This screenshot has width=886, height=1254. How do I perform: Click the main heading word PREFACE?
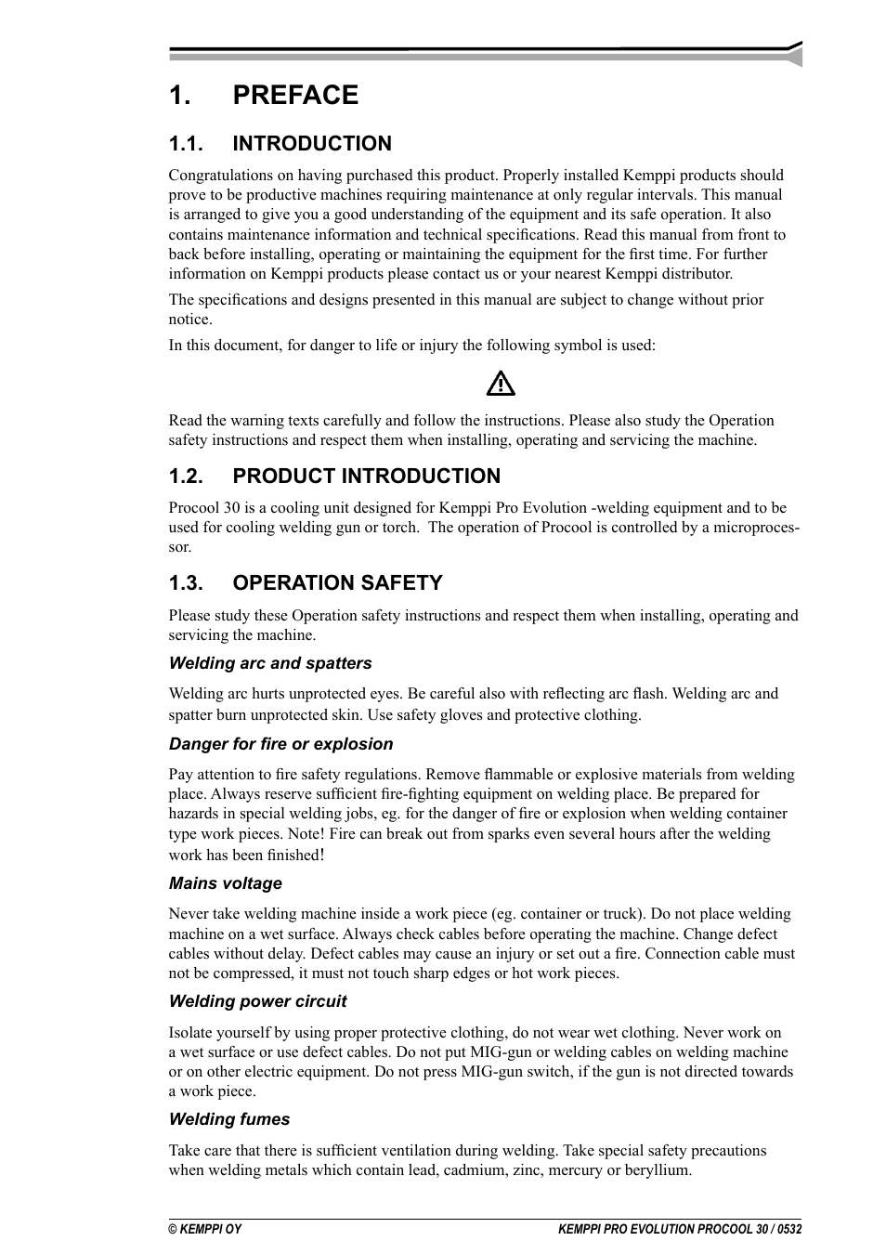(x=295, y=95)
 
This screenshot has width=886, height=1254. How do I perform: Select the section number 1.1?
(x=186, y=144)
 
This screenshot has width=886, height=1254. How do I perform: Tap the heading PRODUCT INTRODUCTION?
(x=366, y=477)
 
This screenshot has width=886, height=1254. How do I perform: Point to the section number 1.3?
(x=186, y=583)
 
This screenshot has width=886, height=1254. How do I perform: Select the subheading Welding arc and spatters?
(x=270, y=663)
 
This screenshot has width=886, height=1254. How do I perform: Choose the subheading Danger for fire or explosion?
(x=280, y=744)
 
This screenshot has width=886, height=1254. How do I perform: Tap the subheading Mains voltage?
(x=226, y=883)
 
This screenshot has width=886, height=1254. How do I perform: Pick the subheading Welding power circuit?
(x=257, y=1001)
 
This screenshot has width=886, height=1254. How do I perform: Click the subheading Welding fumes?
(x=229, y=1119)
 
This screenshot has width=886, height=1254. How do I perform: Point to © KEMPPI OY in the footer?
(x=204, y=1229)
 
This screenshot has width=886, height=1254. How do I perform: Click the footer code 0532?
(x=787, y=1229)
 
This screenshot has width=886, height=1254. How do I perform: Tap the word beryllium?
(x=657, y=1170)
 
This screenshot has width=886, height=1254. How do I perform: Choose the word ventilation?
(x=463, y=1151)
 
